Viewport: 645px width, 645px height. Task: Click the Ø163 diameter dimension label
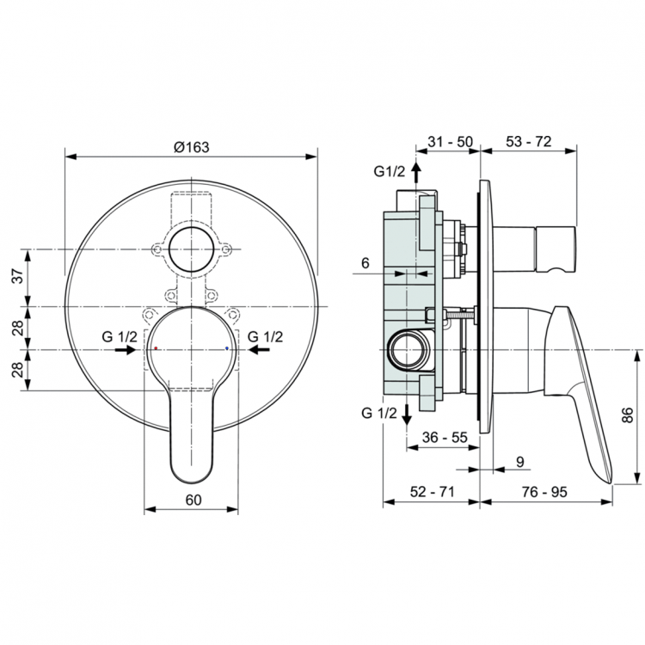(x=191, y=147)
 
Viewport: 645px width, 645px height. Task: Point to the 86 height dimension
(x=628, y=415)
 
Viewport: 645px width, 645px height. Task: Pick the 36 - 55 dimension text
(x=445, y=437)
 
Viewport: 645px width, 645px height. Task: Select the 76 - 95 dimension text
(x=546, y=491)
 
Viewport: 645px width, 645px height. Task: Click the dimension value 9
(x=519, y=462)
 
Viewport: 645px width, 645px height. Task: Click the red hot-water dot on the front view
(x=155, y=349)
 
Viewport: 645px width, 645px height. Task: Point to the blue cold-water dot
(x=226, y=349)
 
